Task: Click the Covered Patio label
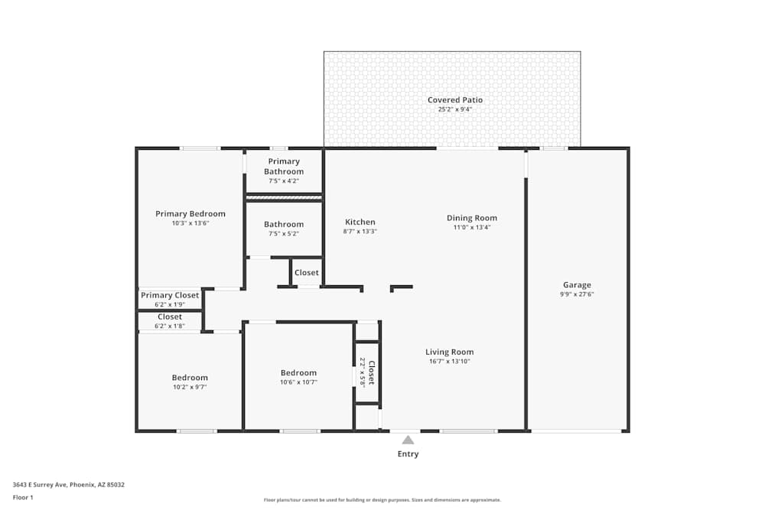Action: point(454,100)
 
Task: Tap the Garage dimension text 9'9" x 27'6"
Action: point(577,294)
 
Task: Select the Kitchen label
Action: point(360,222)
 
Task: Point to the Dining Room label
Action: point(472,218)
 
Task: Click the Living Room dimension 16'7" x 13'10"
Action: point(449,361)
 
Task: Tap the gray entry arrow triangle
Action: point(408,440)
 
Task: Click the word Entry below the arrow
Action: point(408,454)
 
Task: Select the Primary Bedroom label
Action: point(190,214)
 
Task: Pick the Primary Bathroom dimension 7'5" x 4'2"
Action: point(283,181)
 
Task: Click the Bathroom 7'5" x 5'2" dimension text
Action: point(283,234)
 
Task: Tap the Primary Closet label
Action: point(170,295)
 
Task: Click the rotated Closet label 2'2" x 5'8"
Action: point(368,374)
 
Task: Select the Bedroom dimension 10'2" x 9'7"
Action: point(189,387)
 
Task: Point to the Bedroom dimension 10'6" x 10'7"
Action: point(298,382)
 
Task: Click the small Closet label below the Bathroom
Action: point(307,273)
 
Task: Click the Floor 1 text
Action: point(23,497)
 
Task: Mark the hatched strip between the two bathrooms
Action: point(283,197)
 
